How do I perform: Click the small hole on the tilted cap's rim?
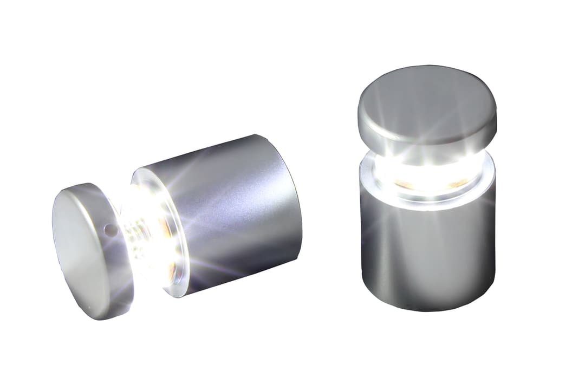point(110,231)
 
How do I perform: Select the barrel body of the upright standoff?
point(428,249)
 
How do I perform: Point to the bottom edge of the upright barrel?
point(428,309)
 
